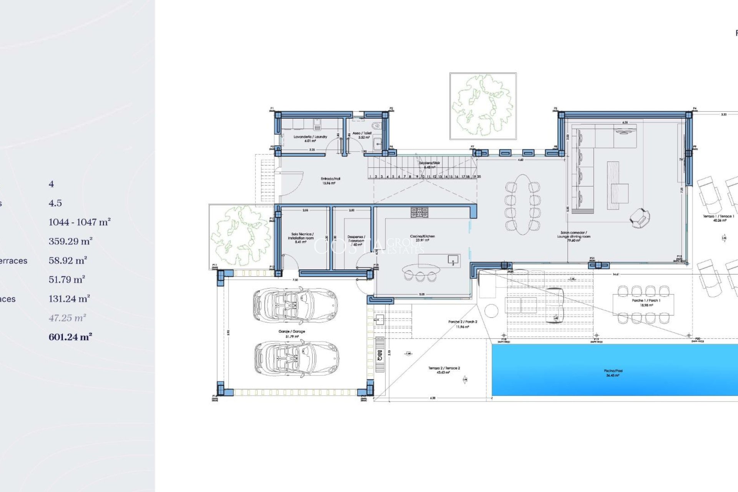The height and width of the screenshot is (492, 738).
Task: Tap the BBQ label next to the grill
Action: pos(380,355)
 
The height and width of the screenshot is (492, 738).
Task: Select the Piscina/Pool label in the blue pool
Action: pos(613,373)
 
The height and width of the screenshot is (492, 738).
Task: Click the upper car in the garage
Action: pos(295,305)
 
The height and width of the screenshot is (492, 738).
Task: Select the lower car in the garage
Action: pos(296,358)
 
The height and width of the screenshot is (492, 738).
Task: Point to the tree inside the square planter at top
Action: pos(483,106)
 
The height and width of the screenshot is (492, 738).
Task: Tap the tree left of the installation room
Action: pos(241,236)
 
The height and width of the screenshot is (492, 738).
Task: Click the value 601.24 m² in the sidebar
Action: pos(70,337)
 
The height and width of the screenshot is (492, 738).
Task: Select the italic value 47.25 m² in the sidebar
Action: pos(67,318)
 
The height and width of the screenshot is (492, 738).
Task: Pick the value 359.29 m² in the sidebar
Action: pos(70,241)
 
